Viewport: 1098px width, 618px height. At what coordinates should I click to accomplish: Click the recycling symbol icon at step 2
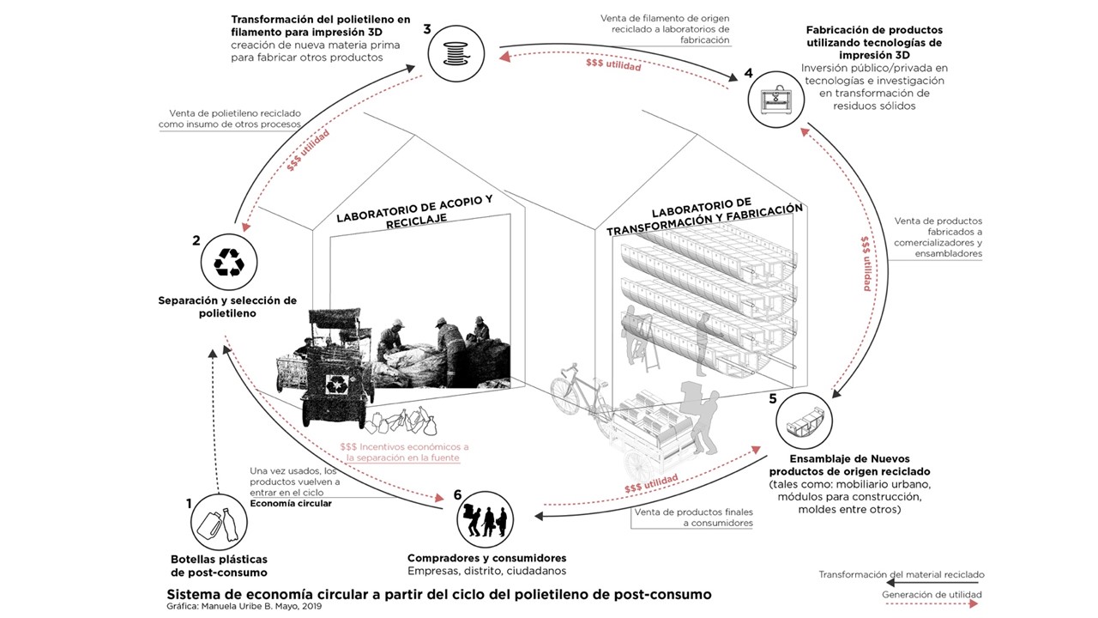229,263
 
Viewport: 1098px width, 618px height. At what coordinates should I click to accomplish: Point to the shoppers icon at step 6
486,518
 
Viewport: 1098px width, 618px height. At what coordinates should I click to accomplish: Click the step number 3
427,30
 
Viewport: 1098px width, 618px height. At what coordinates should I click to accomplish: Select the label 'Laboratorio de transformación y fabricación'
704,220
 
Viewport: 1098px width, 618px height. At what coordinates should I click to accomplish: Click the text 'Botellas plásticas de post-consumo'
219,566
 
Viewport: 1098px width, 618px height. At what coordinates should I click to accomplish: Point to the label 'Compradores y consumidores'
486,558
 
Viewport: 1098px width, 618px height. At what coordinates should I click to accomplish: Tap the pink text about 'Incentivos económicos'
404,452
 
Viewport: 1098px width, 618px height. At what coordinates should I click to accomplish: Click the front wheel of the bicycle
570,396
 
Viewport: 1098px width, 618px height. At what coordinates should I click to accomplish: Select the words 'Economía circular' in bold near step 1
291,504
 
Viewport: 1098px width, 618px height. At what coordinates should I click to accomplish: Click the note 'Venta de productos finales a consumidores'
694,518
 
